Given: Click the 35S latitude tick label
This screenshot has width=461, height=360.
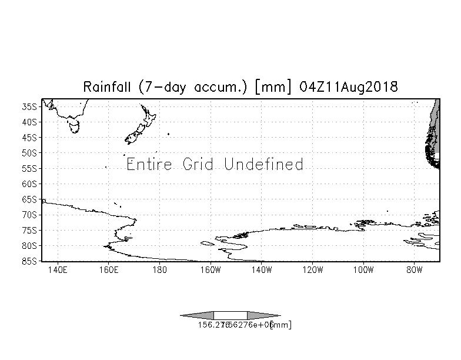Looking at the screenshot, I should [x=30, y=107].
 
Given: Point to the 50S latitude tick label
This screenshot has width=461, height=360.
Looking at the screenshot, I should [x=30, y=153].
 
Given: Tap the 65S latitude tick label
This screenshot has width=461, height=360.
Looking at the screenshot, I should [x=30, y=199].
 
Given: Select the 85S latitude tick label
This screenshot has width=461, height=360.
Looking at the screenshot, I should [x=30, y=261].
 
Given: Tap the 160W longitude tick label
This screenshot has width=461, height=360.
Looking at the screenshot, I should [x=211, y=271].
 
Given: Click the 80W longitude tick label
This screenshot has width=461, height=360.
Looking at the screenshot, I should [x=415, y=271].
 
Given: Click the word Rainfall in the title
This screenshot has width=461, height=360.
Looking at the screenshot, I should [x=109, y=87].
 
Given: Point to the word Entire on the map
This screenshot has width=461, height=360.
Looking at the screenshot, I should [x=149, y=164].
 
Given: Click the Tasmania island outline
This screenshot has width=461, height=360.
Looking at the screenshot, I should [x=74, y=126].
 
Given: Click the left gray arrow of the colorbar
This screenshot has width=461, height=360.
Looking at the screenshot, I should [x=197, y=315].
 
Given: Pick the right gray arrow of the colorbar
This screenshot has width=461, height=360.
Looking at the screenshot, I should [x=264, y=315].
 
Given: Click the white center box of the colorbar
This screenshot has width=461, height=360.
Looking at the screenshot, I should [x=230, y=315].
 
